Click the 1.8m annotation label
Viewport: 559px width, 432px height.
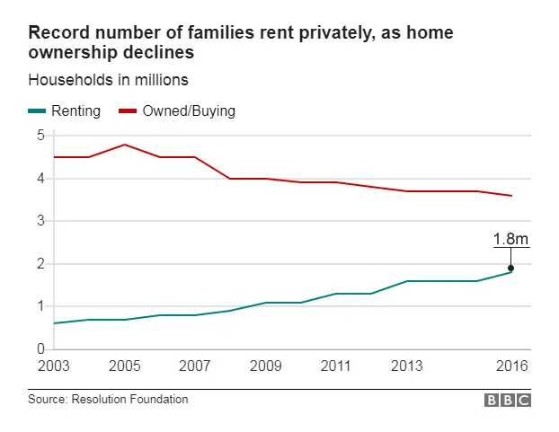click(510, 239)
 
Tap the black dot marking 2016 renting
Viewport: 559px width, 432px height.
click(510, 268)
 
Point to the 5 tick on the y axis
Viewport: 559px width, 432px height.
click(40, 136)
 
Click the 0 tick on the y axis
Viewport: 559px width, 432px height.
click(40, 348)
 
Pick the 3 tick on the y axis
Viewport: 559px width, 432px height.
click(40, 221)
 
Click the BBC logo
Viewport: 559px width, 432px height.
click(508, 401)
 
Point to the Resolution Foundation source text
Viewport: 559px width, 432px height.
click(108, 400)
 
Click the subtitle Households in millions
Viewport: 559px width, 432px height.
click(108, 80)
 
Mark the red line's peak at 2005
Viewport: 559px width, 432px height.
click(124, 145)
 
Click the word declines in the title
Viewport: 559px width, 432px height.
click(164, 53)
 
